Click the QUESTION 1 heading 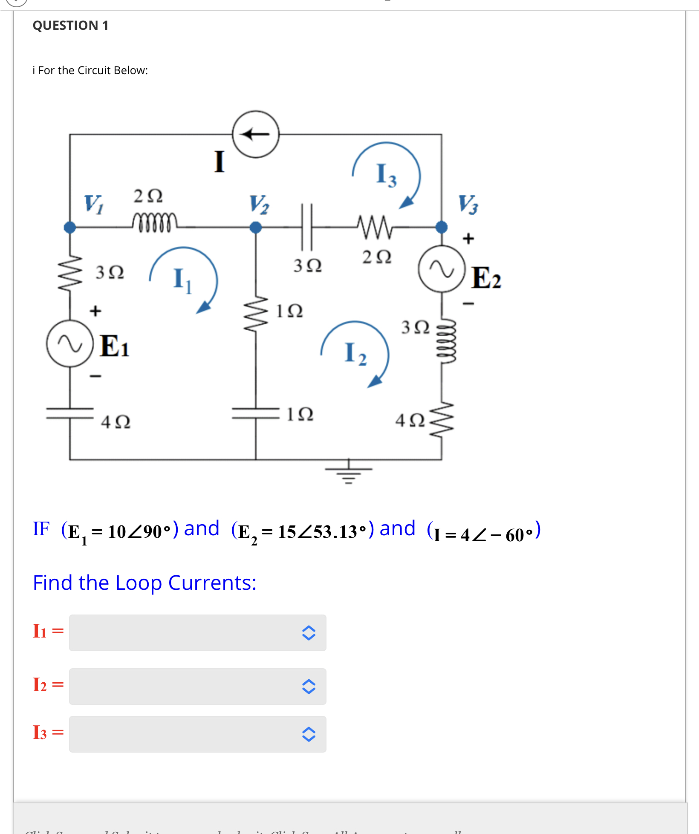tap(70, 26)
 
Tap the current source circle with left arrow tap(256, 134)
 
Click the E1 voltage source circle tap(70, 343)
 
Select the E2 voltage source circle tap(442, 269)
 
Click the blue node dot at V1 tap(70, 227)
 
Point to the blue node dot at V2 tap(256, 227)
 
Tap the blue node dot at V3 tap(442, 227)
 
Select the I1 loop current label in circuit tap(182, 280)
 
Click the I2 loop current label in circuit tap(355, 353)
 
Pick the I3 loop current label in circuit tap(386, 175)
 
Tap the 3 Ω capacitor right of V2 tap(307, 227)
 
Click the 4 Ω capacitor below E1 tap(70, 413)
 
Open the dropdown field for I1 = tap(197, 632)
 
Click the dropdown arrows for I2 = tap(309, 687)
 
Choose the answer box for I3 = tap(197, 734)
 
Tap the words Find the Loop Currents tap(144, 583)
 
